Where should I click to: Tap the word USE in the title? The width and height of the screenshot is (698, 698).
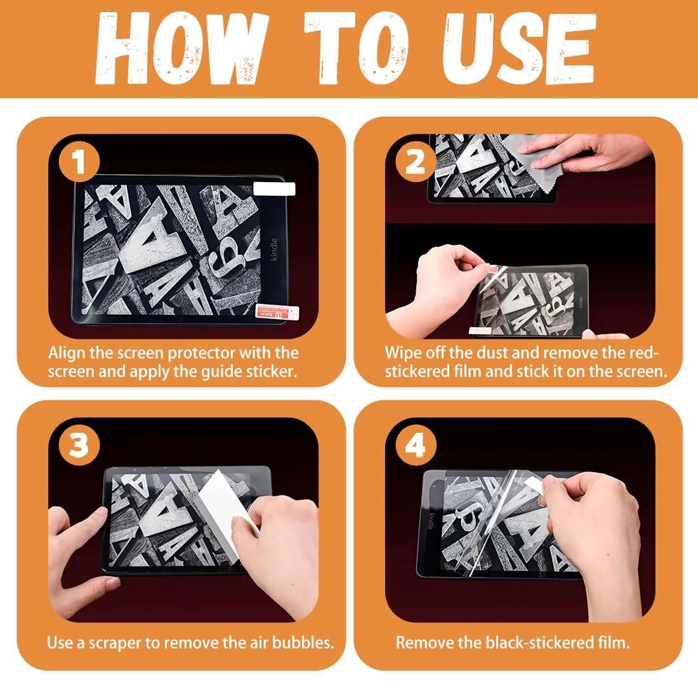coord(519,48)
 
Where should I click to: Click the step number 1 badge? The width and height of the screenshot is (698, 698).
coord(79,161)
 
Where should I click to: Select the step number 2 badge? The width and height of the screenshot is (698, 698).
coord(416,161)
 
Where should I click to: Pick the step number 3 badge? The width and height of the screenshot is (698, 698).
coord(79,445)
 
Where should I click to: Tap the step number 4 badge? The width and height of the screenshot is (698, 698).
coord(416,445)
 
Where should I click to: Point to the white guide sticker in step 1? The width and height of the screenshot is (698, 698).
coord(274,188)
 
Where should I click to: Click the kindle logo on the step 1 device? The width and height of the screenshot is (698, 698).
coord(273,249)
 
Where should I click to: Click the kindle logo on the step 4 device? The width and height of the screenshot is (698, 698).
coord(431,521)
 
